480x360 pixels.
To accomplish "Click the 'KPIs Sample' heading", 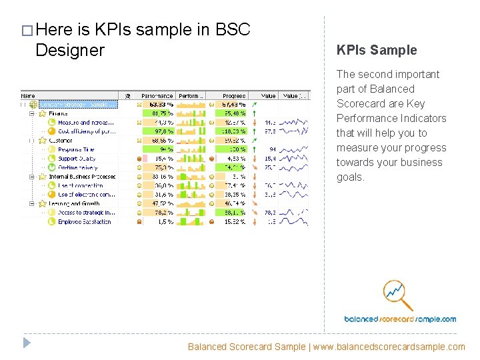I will click(377, 50).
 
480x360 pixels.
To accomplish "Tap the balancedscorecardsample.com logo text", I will click(400, 319).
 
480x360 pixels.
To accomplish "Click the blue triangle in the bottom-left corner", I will click(26, 343).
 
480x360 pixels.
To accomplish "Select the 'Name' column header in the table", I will click(28, 96).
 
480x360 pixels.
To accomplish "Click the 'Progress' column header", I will click(233, 96).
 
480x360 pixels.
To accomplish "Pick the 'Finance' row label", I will click(59, 114).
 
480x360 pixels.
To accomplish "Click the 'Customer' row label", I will click(61, 141).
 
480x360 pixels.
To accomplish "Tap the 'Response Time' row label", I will click(77, 150).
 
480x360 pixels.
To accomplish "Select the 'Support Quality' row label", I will click(77, 159).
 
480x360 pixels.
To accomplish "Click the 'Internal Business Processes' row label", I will click(82, 177).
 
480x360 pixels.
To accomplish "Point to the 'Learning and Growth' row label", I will click(74, 204).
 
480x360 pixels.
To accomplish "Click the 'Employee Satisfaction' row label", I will click(85, 222).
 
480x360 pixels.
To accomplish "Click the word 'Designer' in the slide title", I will click(70, 50).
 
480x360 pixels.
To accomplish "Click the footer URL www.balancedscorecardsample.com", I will click(389, 347).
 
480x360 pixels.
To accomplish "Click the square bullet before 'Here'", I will click(26, 31).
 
